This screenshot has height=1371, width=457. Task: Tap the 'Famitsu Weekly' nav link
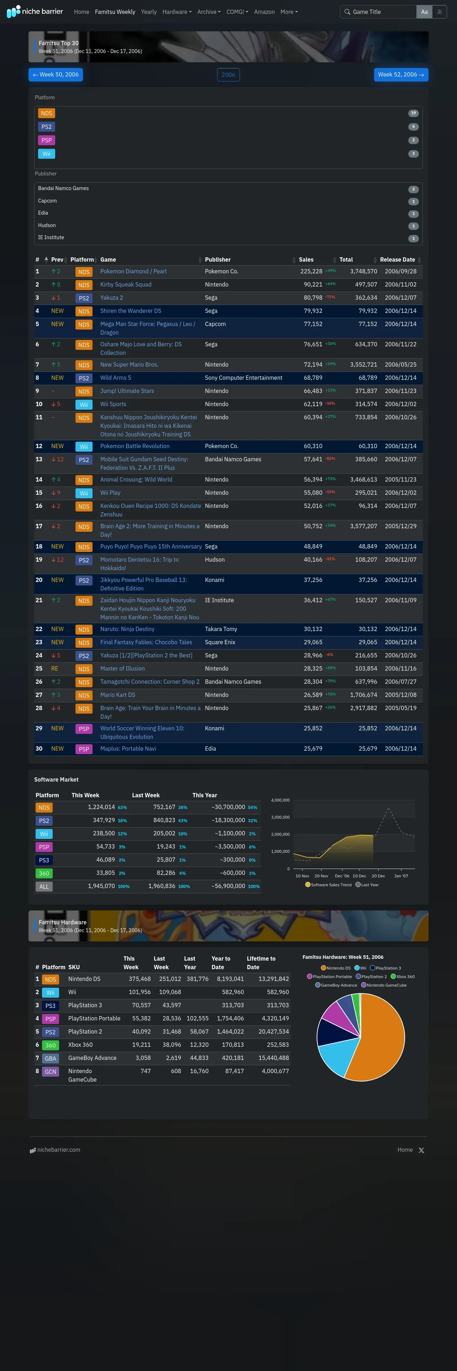point(115,12)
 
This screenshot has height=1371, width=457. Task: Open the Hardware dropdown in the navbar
point(177,12)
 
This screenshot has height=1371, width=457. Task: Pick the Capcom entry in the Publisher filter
point(47,201)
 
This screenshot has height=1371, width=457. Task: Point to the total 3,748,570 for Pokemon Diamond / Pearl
point(363,272)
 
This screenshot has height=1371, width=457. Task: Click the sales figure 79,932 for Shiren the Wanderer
point(313,311)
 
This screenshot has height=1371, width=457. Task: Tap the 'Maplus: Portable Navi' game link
point(128,749)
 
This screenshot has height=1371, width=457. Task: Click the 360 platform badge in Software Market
point(44,873)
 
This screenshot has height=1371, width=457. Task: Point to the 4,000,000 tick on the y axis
point(280,800)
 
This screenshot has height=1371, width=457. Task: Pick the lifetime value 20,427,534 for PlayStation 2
point(273,1031)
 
